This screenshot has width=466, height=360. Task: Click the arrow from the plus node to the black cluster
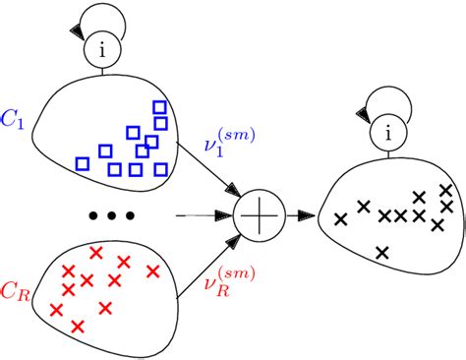pos(299,210)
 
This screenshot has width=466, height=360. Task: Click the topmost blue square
pos(160,105)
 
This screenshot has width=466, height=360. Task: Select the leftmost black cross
pos(341,218)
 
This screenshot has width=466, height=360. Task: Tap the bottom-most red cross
pos(78,325)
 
